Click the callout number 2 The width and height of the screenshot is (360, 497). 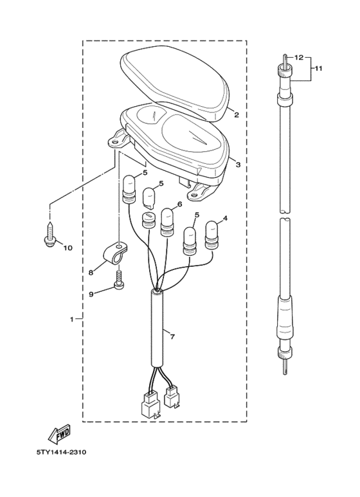(237, 114)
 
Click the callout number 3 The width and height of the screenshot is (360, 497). (238, 165)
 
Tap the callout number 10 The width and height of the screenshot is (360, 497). (67, 248)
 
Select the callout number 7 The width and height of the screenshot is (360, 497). (172, 337)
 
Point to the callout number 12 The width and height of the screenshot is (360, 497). (299, 58)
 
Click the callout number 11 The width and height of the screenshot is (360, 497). (318, 68)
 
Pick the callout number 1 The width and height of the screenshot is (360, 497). (72, 319)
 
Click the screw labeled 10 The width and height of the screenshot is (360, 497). (50, 235)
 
